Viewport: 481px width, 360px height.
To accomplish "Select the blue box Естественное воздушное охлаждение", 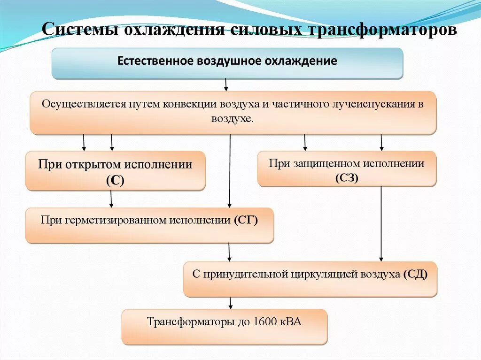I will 227,63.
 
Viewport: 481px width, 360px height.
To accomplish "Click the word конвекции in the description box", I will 194,104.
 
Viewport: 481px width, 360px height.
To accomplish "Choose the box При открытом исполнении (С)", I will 116,171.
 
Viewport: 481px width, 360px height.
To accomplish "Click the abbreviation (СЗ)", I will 347,177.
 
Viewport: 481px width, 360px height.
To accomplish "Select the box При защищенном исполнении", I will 347,169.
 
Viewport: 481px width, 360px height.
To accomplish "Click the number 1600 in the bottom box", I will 264,322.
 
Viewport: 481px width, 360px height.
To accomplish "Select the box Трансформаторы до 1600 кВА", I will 224,327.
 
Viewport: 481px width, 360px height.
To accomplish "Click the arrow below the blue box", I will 226,84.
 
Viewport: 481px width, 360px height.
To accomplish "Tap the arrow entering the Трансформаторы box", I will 230,303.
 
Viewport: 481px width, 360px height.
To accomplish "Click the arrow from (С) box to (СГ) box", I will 111,199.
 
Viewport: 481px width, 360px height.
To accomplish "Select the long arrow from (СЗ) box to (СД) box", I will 381,223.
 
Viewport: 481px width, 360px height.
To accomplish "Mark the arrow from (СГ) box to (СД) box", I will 229,252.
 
